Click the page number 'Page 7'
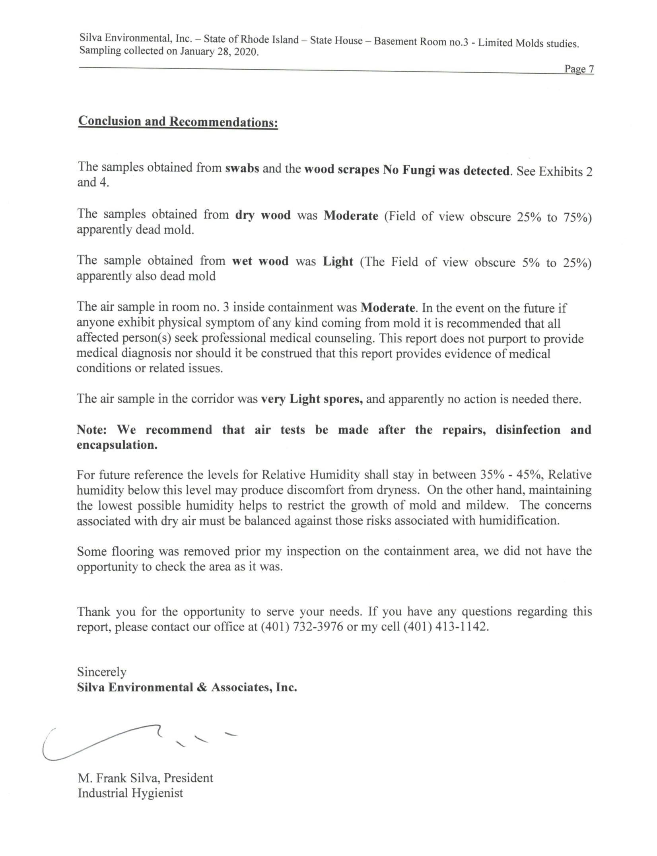coord(579,69)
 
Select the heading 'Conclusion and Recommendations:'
coord(178,121)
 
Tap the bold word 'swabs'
coord(242,168)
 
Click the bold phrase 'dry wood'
coord(263,215)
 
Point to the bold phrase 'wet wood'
coord(260,261)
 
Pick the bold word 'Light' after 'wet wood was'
coord(338,261)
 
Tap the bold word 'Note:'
coord(91,430)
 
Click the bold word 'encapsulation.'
coord(117,445)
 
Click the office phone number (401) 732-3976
coord(302,626)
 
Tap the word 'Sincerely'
coord(102,672)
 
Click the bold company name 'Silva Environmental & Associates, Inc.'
coord(187,687)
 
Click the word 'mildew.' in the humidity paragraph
coord(490,505)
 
